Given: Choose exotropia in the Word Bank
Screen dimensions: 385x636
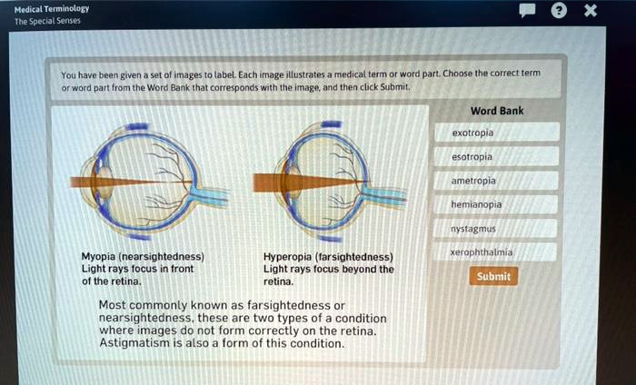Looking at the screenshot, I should [497, 133].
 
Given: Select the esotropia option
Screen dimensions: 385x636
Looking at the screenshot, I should [497, 156].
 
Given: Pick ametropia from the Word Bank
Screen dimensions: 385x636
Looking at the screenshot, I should [498, 181].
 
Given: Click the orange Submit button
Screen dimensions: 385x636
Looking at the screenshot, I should [493, 276].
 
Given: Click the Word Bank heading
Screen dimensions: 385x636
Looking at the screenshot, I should [497, 111].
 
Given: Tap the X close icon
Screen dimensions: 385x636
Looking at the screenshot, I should [590, 12].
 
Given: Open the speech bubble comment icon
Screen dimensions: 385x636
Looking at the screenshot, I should [527, 12].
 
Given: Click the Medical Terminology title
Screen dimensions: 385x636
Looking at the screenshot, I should [52, 7].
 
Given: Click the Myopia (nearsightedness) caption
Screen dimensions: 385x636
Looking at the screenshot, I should [142, 257].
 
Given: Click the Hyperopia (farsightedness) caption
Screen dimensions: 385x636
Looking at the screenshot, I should [328, 257].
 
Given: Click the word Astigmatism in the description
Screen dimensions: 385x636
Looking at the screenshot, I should [134, 344].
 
